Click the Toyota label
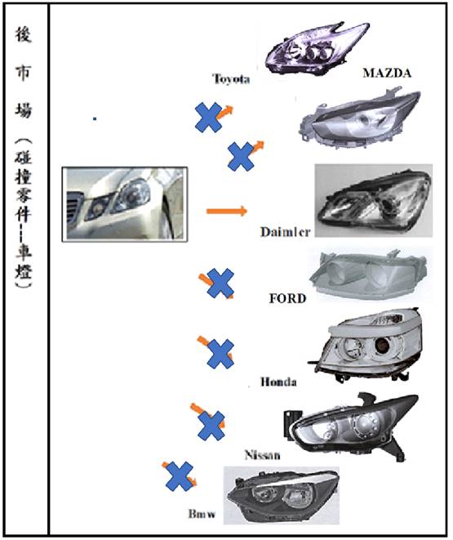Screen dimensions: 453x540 (x=231, y=79)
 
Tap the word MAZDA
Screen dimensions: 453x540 (x=387, y=73)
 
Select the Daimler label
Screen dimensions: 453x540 (x=285, y=232)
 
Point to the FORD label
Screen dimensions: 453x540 (x=287, y=298)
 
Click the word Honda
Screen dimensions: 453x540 (x=278, y=382)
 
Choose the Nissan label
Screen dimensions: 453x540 (x=263, y=455)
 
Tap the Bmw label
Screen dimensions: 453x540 (x=202, y=514)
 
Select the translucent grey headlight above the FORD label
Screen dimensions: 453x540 (x=370, y=275)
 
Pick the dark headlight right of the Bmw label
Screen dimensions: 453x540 (x=282, y=495)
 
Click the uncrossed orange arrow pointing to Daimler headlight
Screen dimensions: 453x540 (x=227, y=211)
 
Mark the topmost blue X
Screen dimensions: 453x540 (x=208, y=118)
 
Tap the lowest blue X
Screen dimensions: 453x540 (x=180, y=476)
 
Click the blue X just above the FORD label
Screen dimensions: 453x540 (x=220, y=283)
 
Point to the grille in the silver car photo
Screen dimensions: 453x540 (x=75, y=206)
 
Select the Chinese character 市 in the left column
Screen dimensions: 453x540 (x=23, y=73)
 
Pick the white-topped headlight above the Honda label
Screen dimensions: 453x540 (x=366, y=345)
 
